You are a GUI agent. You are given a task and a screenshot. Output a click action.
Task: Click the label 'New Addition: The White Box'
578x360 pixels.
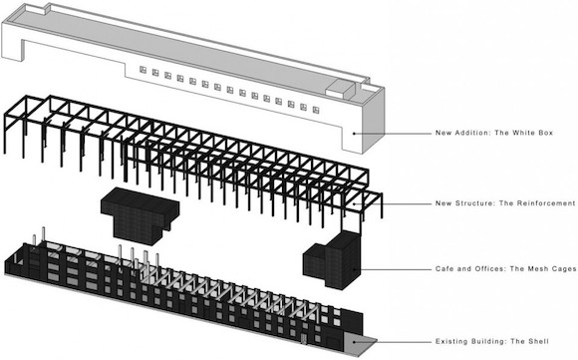coord(494,133)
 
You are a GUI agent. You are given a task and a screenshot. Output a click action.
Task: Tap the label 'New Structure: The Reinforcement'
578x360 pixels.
coord(505,203)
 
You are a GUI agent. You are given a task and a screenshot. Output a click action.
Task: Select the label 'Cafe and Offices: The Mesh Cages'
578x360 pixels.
coord(506,269)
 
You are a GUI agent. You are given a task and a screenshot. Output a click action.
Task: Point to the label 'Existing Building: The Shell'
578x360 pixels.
coord(491,342)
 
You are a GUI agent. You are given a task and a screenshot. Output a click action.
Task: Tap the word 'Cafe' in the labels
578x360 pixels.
coord(444,269)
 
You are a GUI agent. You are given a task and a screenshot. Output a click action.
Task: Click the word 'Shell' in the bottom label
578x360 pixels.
coord(538,342)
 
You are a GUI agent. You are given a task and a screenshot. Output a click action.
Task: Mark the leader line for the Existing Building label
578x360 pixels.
coord(393,342)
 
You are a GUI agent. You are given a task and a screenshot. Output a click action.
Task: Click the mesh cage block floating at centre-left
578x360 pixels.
coord(140,215)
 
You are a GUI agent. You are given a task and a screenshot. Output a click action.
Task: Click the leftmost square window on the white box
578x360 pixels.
coord(143,70)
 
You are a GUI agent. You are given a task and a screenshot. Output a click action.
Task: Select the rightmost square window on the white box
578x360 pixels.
coord(316,110)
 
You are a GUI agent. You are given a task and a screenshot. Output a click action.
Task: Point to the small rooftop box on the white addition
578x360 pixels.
coord(340,89)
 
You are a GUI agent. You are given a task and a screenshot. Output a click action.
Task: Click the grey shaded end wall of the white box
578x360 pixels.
coord(373,121)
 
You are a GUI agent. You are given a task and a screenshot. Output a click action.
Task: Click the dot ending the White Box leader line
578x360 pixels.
coord(354,134)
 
